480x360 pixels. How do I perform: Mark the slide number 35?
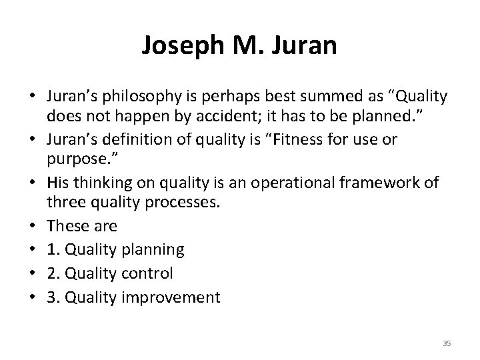[x=447, y=343]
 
